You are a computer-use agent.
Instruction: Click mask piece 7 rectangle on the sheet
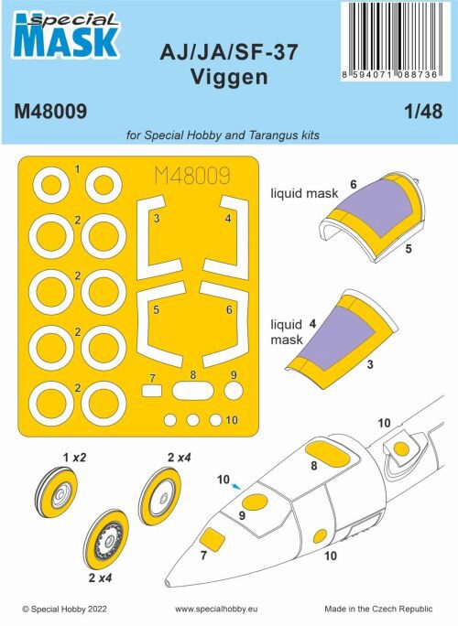click(152, 390)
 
